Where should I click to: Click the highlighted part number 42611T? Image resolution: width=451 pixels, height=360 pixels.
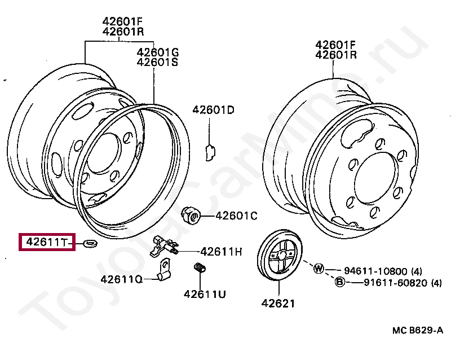tap(47, 242)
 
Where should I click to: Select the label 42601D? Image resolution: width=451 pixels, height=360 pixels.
tap(214, 109)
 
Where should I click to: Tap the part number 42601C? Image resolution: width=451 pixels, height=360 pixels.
tap(236, 216)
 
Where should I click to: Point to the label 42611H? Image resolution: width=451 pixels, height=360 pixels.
tap(221, 252)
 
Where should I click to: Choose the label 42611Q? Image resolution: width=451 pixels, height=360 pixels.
tap(122, 279)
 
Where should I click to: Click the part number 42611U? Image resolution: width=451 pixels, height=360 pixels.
tap(205, 294)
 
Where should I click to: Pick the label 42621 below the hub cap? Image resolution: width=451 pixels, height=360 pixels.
tap(278, 303)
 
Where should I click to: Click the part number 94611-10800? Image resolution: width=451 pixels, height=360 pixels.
tap(375, 271)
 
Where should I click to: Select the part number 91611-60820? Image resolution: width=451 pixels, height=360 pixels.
tap(396, 283)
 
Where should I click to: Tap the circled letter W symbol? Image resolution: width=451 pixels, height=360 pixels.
tap(319, 269)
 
